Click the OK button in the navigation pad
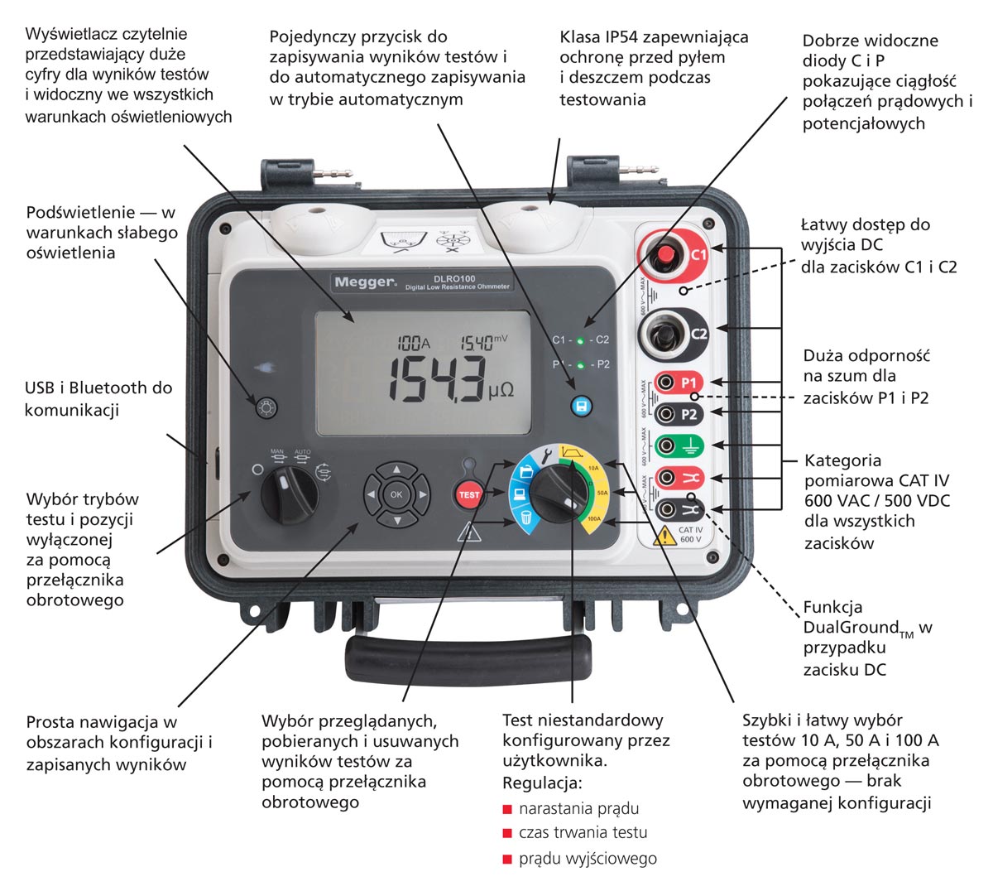396,494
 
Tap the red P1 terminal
668,383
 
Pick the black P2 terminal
668,414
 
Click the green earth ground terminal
668,445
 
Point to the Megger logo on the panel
365,282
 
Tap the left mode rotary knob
289,492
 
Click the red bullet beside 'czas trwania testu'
507,833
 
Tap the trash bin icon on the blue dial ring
525,519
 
